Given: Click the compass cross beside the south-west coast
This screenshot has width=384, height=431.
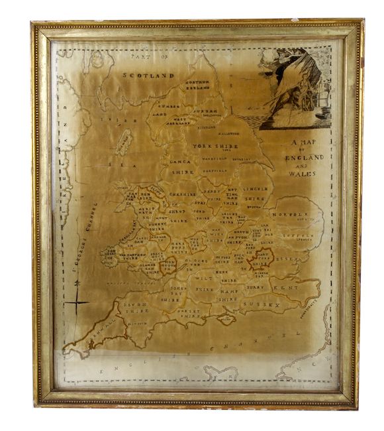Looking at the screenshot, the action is [x=77, y=303].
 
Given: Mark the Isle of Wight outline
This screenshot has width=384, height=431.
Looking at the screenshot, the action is [x=226, y=320].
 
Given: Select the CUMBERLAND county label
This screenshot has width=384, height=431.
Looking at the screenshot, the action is [x=165, y=109].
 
